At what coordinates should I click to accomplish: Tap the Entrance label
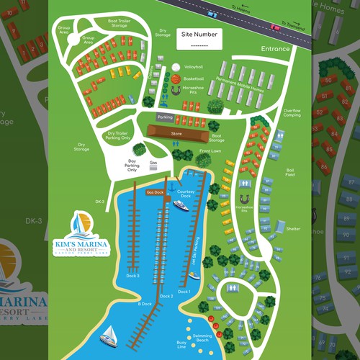tap(276, 49)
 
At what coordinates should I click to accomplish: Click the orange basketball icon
tap(175, 78)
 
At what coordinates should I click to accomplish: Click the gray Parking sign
tap(165, 117)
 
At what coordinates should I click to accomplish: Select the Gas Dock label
tap(155, 192)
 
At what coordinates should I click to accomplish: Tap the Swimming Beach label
tap(202, 338)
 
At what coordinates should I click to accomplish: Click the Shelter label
tap(292, 229)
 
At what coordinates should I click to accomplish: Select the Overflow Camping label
tap(292, 112)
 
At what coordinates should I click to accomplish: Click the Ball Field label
tap(289, 173)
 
